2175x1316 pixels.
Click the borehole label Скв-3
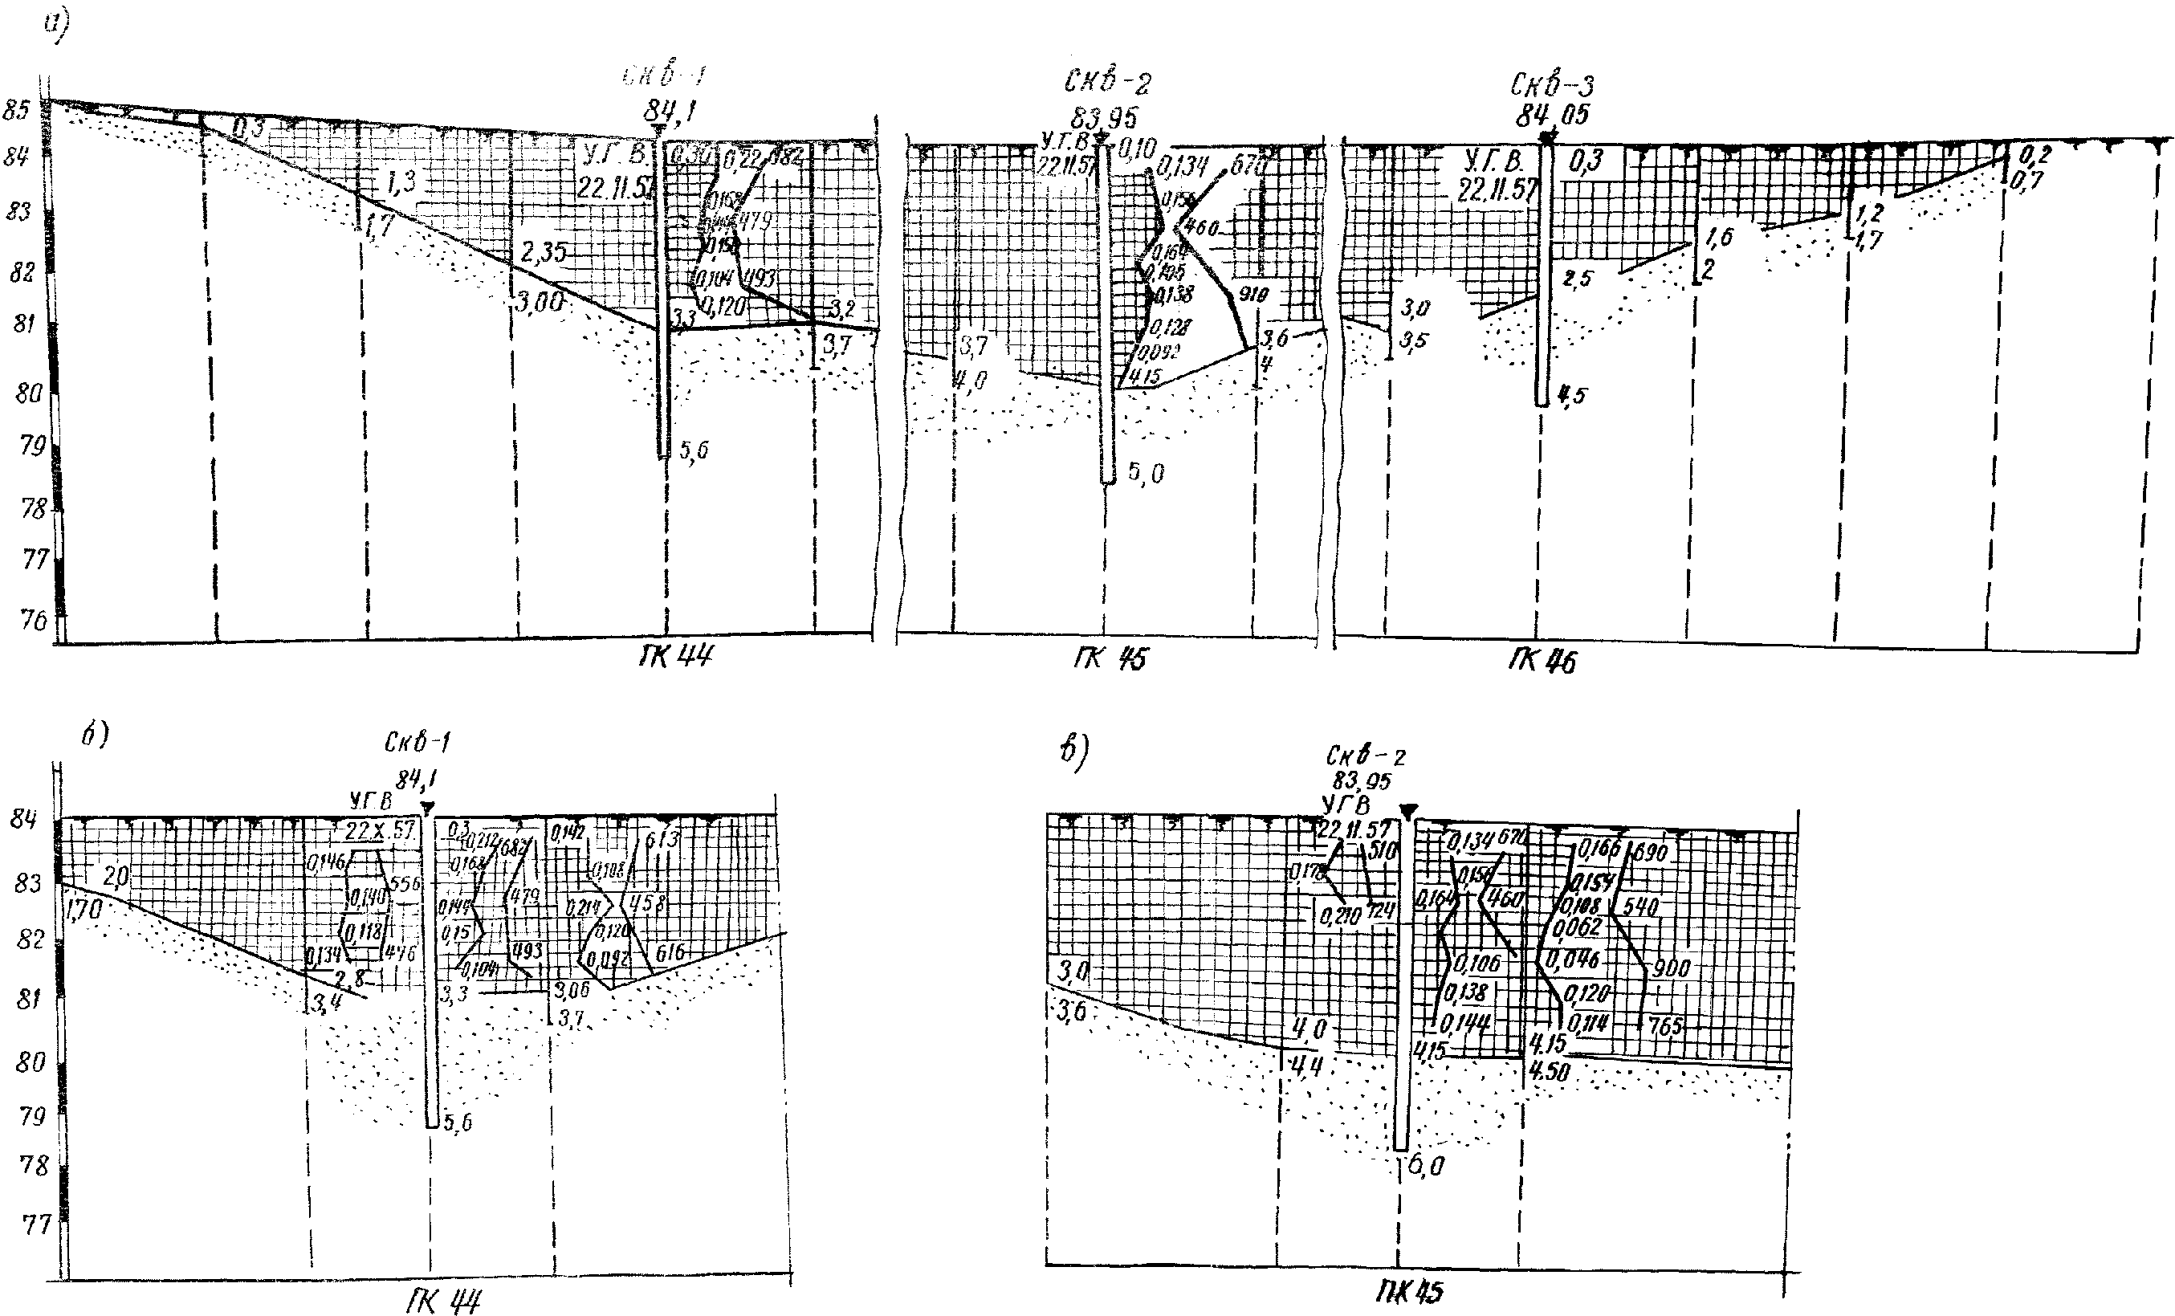coord(1552,87)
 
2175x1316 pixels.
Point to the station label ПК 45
coord(1409,1293)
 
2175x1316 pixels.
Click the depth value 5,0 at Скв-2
coord(1145,474)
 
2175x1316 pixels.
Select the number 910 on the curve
coord(1253,294)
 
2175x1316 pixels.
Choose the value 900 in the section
coord(1670,968)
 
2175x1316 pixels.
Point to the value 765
coord(1665,1025)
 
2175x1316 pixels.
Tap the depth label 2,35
coord(543,251)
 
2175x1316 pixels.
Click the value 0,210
coord(1340,916)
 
